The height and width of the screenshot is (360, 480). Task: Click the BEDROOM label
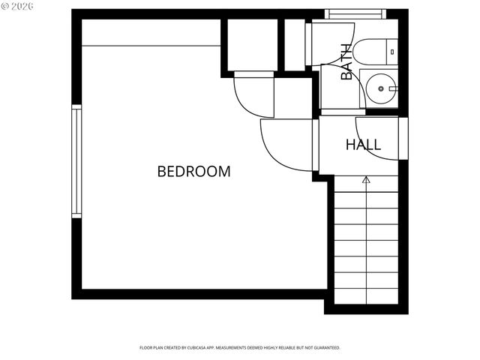(193, 172)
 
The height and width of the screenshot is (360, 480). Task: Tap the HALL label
(363, 145)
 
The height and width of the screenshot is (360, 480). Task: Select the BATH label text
(346, 61)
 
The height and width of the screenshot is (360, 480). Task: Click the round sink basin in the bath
(381, 89)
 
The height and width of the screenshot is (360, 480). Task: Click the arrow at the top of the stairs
(366, 180)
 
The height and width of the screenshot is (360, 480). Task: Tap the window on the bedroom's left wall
(76, 161)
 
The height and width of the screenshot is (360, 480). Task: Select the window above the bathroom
(355, 13)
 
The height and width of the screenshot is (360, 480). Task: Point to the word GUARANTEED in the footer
(324, 348)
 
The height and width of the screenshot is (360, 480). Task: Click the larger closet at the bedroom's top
(251, 45)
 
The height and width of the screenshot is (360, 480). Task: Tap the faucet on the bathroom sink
(392, 89)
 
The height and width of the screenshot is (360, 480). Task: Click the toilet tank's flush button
(393, 51)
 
